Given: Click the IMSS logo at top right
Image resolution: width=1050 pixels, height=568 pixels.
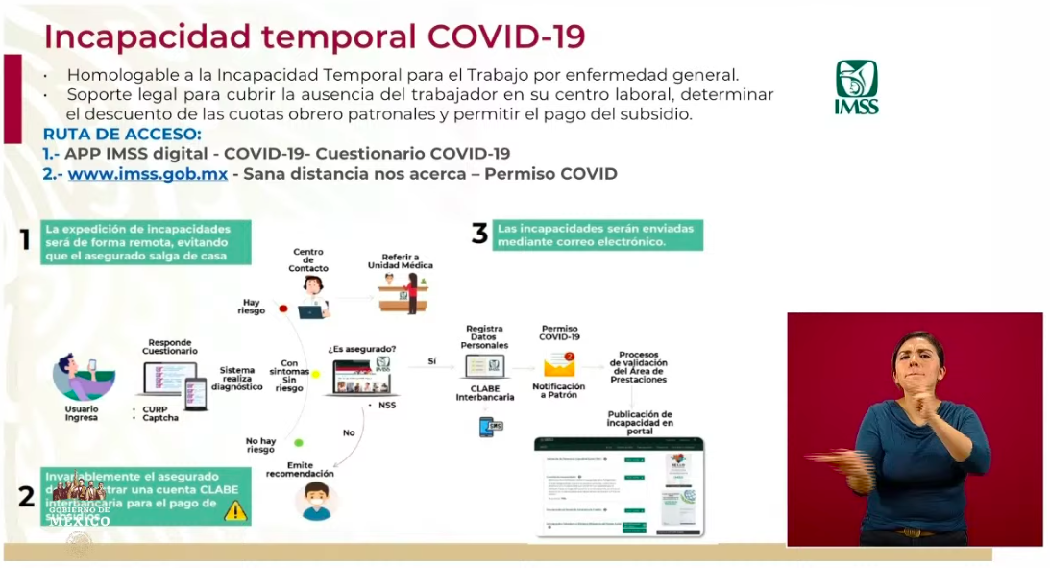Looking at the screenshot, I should point(856,86).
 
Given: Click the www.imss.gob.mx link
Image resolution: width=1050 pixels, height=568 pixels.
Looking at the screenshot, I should point(147,174).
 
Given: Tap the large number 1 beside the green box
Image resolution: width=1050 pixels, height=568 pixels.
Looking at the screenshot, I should point(25,240).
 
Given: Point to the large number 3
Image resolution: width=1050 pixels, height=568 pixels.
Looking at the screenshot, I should point(479,234).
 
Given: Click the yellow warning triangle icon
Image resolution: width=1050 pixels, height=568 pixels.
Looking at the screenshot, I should point(234,510).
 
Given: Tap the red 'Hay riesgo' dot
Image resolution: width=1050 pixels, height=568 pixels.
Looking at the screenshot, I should point(283,308).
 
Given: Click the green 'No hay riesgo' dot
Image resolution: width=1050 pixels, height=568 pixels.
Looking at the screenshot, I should point(298,442).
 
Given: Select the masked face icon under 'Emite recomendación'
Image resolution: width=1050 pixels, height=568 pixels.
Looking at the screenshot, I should point(315,501).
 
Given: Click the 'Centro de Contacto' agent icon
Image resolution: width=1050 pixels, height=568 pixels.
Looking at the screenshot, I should point(312,297).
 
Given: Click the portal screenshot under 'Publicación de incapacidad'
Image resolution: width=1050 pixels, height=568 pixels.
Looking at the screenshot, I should point(620,485).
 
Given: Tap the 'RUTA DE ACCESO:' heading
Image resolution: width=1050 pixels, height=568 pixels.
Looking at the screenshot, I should point(122,134).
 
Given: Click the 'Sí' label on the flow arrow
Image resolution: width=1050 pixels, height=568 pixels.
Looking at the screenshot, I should point(431,361).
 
